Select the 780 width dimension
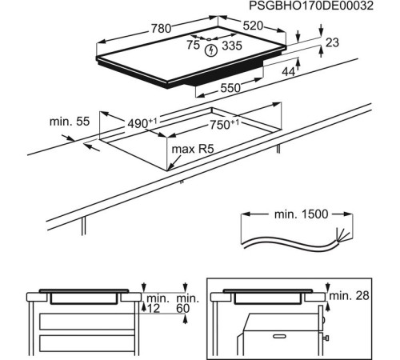(162, 29)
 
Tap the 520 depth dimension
(253, 26)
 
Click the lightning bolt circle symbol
(211, 51)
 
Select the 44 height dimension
(289, 72)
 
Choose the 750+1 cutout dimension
(224, 124)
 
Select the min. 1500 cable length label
(297, 216)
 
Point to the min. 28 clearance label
(350, 297)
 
